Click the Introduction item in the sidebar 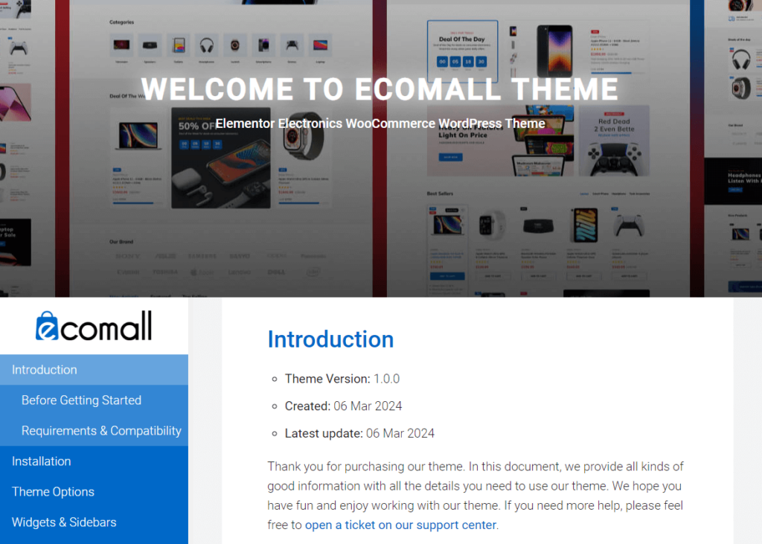coord(45,370)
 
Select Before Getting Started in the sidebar coord(81,400)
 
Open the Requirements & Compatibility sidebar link coord(101,431)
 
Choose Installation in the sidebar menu coord(42,461)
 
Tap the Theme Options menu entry coord(53,492)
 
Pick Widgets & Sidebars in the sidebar coord(64,522)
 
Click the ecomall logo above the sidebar coord(94,326)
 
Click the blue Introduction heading coord(330,339)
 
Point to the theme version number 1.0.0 coord(386,379)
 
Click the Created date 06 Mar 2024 coord(368,406)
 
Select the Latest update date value coord(400,433)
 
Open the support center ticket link coord(400,525)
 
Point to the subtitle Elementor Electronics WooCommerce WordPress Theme coord(380,124)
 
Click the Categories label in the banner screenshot coord(122,22)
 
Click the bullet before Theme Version coord(275,380)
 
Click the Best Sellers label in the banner coord(440,194)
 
